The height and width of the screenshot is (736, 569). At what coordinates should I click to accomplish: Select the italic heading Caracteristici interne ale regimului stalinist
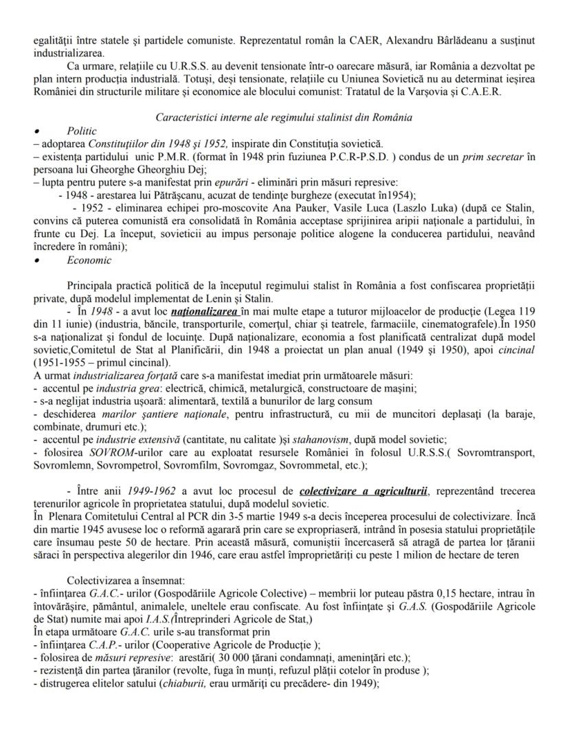tap(284, 117)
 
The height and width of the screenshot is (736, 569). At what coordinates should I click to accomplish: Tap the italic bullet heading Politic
tap(82, 130)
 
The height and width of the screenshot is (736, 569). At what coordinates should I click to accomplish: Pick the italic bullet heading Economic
tap(87, 260)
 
